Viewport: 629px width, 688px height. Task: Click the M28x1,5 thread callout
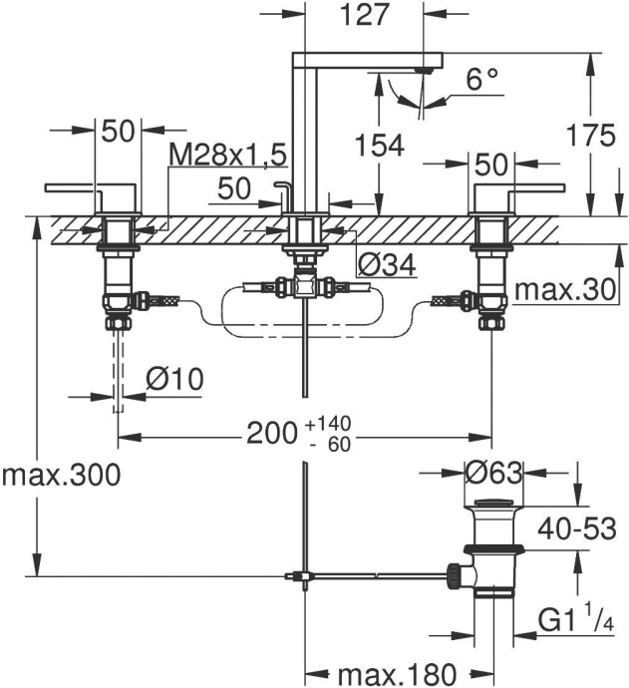(227, 155)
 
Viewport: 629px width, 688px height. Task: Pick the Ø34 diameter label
(384, 265)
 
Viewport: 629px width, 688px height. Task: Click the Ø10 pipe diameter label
(174, 379)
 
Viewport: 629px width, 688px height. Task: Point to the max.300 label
(61, 475)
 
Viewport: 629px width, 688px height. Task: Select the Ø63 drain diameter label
(492, 473)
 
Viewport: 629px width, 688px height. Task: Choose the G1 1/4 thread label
(578, 621)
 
